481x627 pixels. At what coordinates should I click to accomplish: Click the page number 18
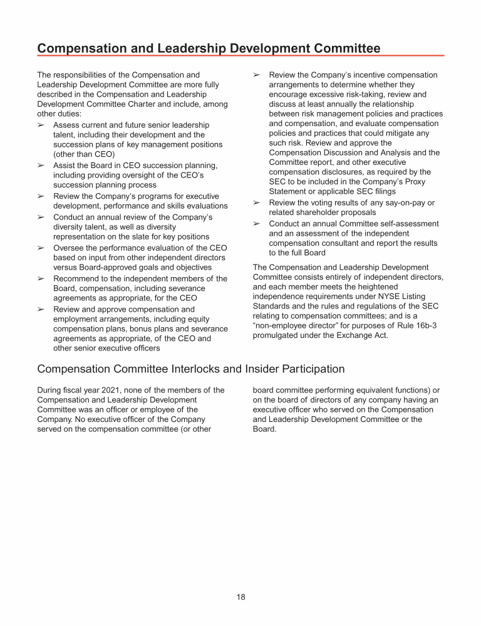point(240,597)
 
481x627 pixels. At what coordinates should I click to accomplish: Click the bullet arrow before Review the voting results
point(256,203)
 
